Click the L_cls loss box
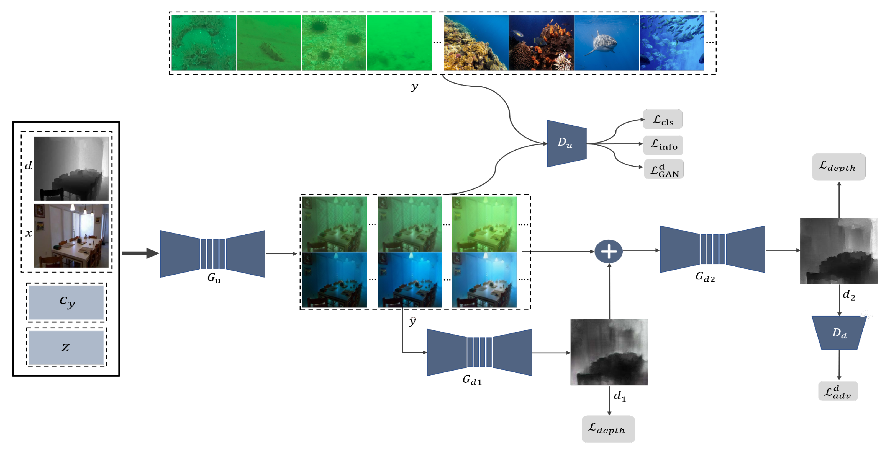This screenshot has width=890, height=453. pos(662,120)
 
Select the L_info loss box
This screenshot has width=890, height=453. pos(663,145)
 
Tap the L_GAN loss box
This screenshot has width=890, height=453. pos(663,169)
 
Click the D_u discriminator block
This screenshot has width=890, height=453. pos(567,143)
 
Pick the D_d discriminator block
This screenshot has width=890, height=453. pos(839,333)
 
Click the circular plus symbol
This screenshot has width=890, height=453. pos(608,251)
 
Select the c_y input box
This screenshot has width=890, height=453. pos(66,302)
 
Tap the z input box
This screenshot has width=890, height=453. pos(66,347)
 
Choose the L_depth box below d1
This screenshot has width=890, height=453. pos(608,429)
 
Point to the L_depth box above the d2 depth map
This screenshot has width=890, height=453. pos(838,167)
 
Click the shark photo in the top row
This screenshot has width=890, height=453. pos(606,43)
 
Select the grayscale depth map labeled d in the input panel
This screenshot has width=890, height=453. pos(71,169)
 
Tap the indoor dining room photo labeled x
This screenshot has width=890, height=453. pos(71,235)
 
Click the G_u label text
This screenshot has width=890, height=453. pos(214,278)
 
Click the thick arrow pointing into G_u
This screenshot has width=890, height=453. pos(140,253)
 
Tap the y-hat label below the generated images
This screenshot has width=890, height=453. pos(412,321)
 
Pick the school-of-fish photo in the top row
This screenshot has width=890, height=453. pos(672,43)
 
